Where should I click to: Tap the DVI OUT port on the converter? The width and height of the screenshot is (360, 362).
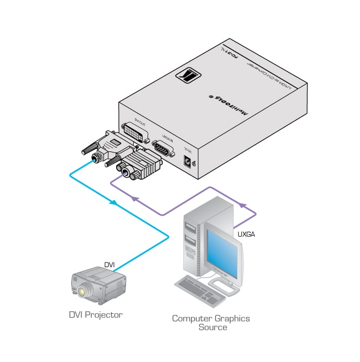pos(136,133)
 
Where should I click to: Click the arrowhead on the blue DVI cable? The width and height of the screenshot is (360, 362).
pos(111,203)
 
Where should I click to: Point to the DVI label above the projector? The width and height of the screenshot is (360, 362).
pos(109,265)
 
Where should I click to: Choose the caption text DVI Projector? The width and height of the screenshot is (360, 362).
pos(95,315)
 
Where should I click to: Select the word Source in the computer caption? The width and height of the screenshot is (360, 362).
pos(212,327)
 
